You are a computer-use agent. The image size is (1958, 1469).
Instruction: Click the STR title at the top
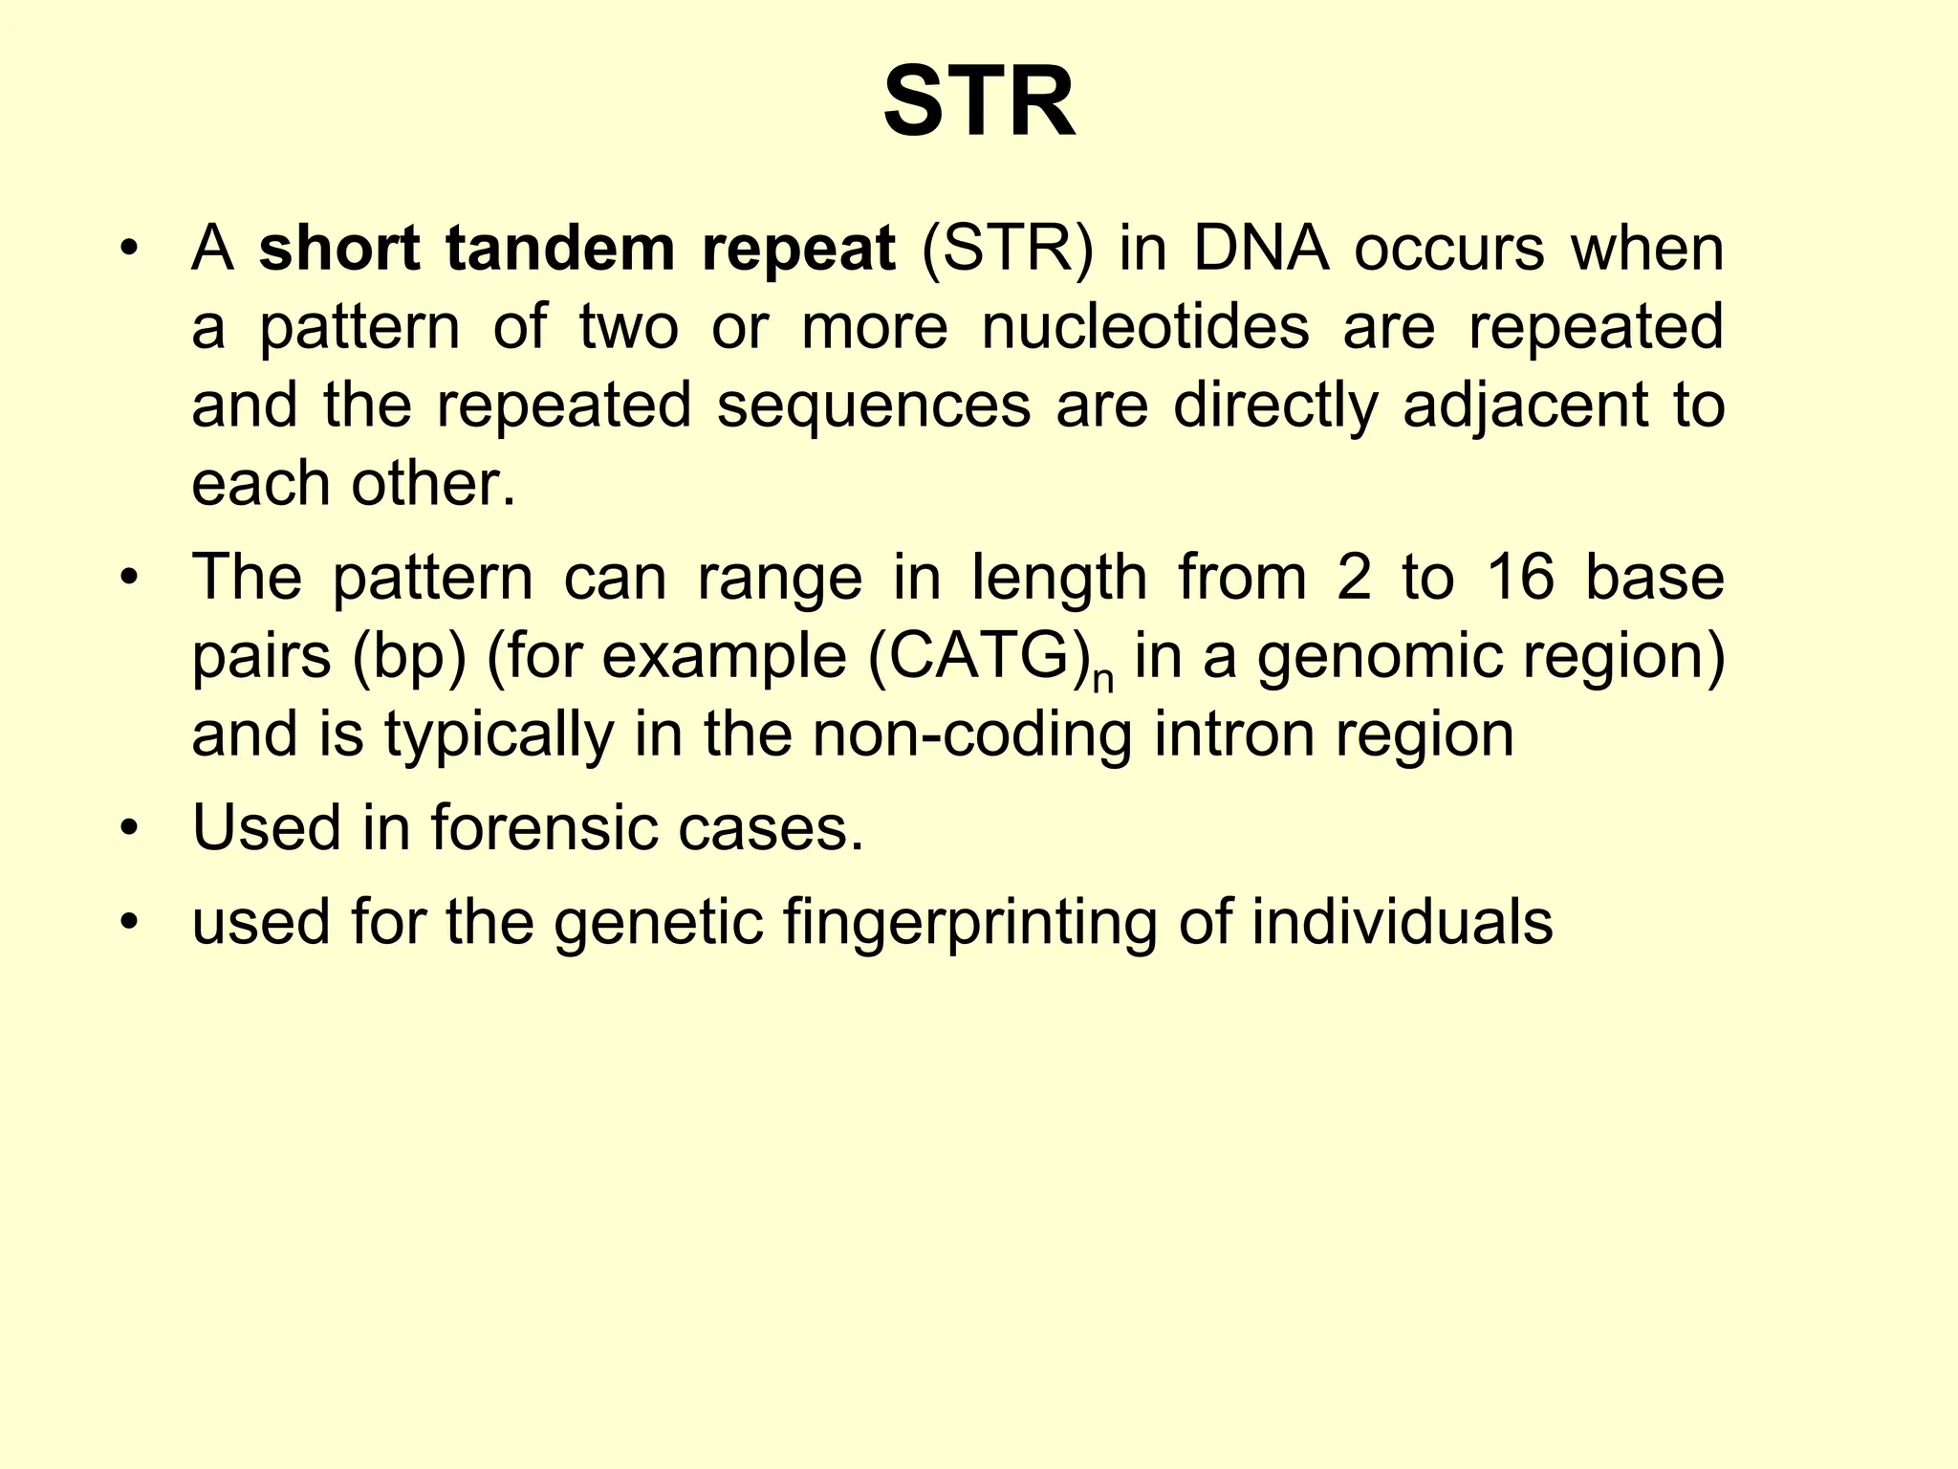pos(979,102)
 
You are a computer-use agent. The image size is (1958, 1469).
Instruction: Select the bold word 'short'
pos(338,249)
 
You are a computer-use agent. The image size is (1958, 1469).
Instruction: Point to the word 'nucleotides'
pos(1145,327)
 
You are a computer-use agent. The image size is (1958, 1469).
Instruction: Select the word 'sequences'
pos(874,406)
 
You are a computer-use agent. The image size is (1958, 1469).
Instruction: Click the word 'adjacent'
pos(1525,406)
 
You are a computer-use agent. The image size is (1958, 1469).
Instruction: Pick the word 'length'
pos(1058,578)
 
